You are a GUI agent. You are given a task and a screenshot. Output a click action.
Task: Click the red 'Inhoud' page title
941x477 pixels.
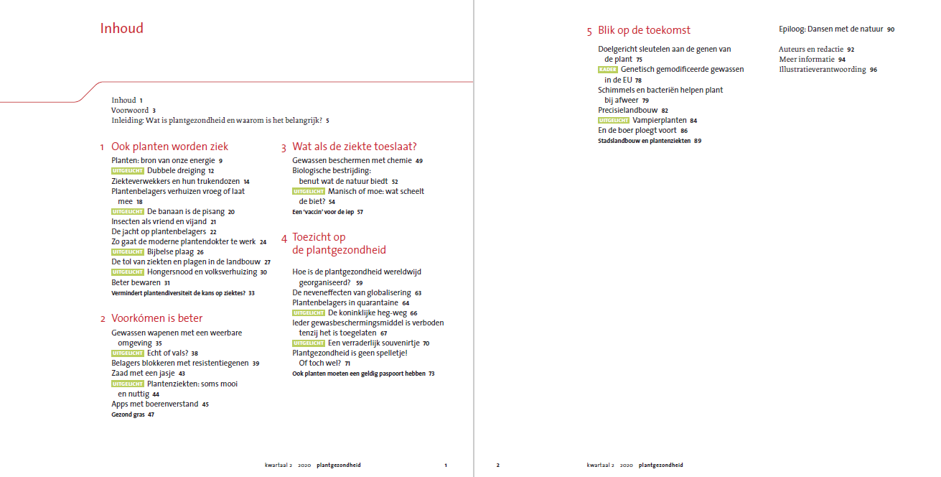point(122,29)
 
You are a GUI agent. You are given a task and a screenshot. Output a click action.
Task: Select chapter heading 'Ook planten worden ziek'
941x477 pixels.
point(169,147)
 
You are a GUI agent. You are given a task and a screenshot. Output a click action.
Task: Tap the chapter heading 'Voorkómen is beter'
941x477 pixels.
point(156,318)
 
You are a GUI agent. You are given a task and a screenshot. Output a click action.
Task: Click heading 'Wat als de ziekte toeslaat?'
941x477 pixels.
point(354,147)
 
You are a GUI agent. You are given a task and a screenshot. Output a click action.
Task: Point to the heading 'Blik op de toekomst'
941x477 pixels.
point(644,30)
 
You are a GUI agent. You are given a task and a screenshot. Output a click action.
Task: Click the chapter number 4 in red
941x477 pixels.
point(284,238)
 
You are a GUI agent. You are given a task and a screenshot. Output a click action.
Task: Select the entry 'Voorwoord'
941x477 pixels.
point(130,111)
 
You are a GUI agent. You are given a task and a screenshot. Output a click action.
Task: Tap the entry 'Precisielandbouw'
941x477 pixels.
point(627,110)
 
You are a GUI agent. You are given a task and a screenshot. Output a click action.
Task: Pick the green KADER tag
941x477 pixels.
point(607,70)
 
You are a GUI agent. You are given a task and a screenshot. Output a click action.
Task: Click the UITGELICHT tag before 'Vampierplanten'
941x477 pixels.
point(614,121)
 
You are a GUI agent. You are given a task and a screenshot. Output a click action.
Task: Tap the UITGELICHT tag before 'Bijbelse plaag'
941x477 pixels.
point(128,252)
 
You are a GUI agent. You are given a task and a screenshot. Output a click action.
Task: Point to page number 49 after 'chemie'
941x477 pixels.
point(419,161)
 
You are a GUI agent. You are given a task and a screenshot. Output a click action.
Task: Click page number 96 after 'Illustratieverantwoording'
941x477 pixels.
point(874,70)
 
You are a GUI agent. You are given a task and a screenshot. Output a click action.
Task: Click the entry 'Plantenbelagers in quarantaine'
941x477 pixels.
point(345,302)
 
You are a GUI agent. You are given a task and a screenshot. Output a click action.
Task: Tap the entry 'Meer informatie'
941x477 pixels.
point(807,60)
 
